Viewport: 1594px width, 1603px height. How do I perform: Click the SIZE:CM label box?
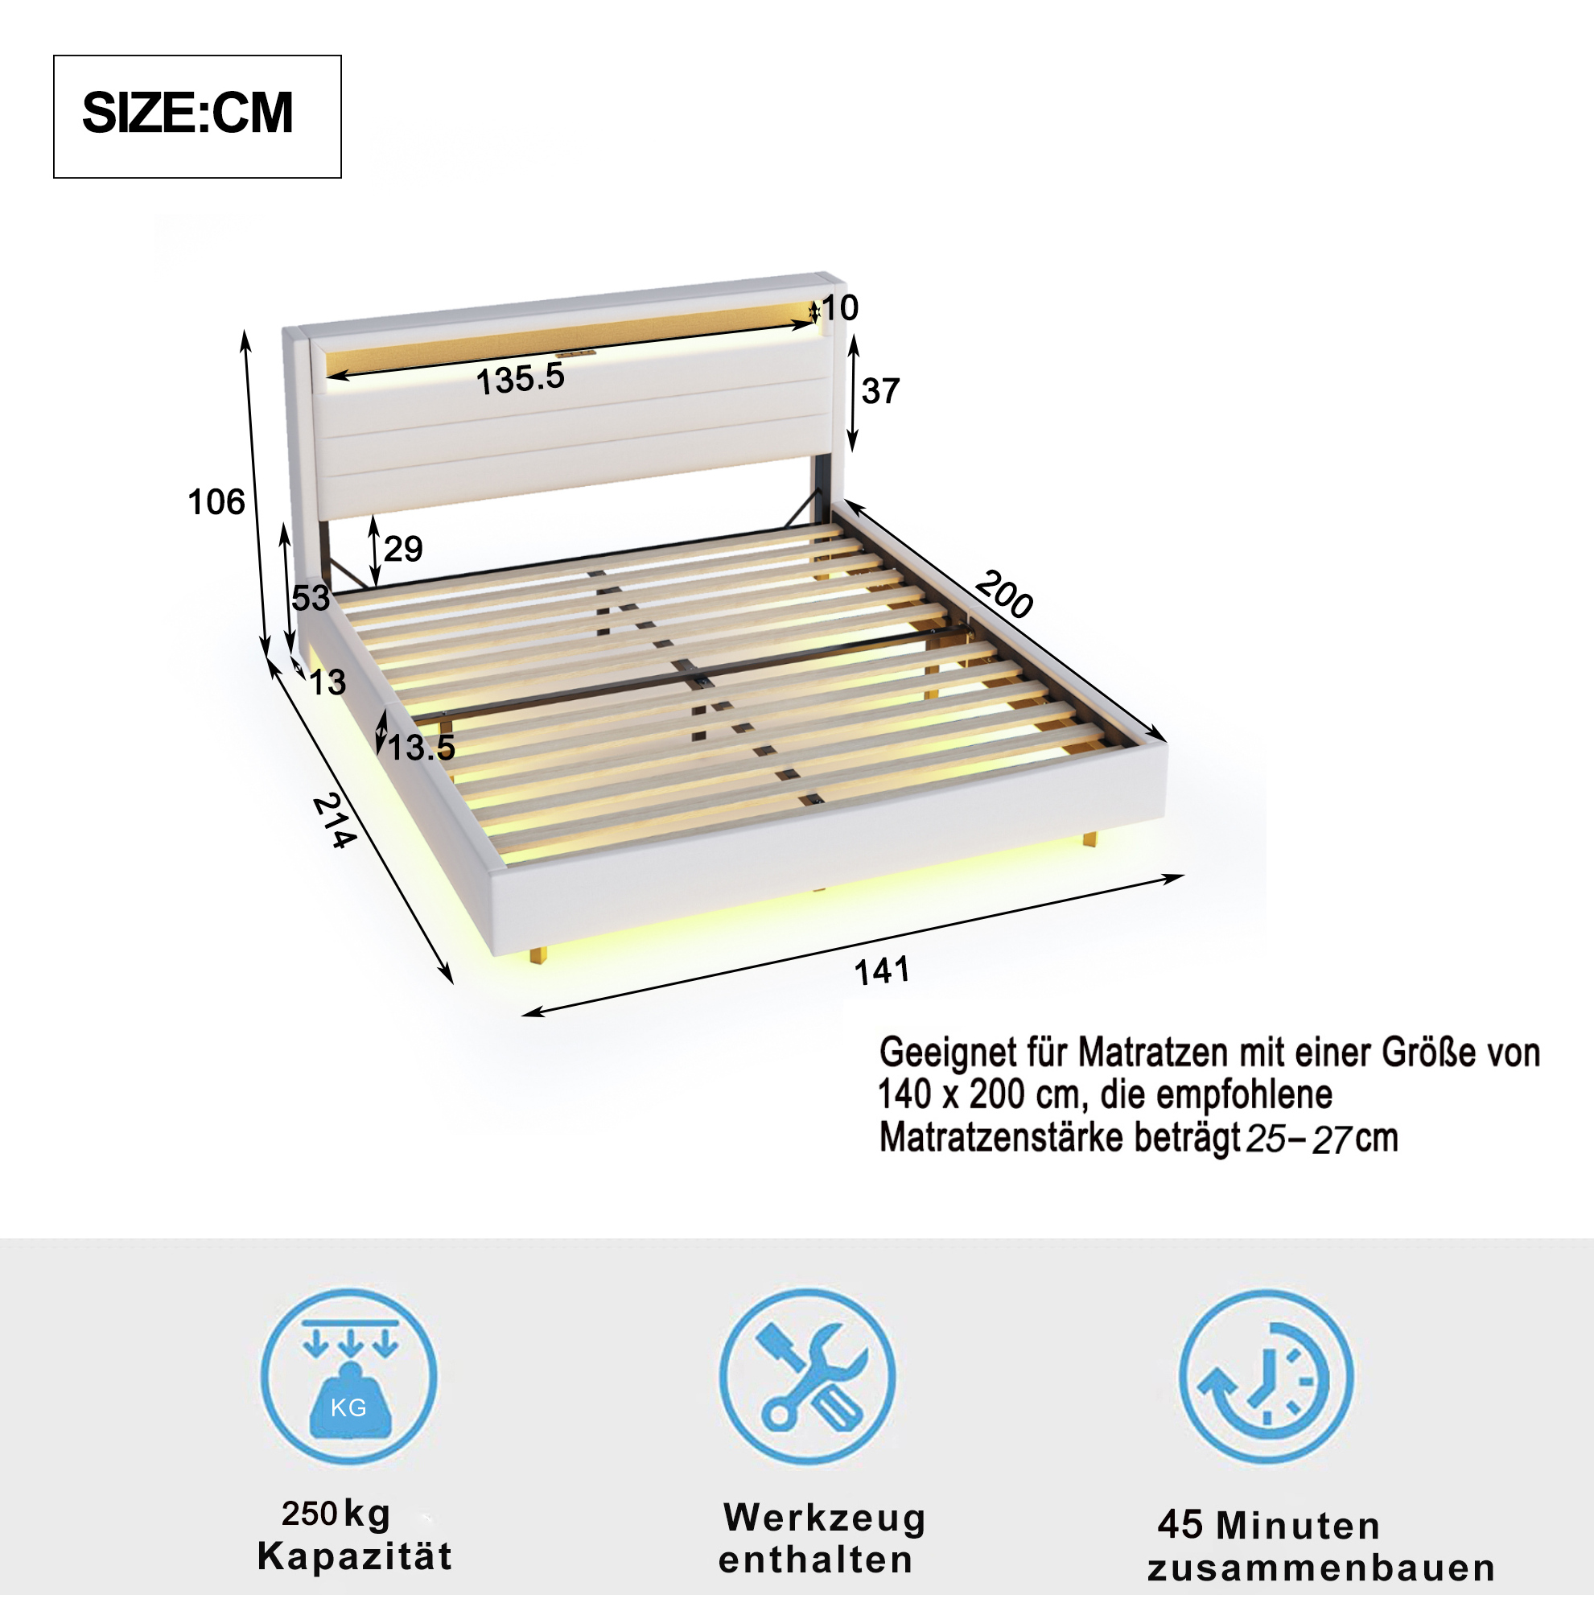click(197, 117)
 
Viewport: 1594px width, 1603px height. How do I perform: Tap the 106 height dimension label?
click(216, 502)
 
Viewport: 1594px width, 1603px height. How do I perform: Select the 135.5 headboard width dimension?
click(521, 379)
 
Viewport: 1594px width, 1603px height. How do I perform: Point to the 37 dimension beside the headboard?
click(880, 391)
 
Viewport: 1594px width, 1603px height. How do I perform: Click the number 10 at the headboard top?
click(840, 308)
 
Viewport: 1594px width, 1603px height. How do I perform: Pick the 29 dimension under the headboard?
click(403, 549)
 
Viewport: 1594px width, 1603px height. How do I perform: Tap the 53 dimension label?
click(311, 598)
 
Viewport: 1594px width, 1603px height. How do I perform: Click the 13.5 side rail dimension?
click(422, 748)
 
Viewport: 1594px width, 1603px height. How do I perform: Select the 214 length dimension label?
click(335, 821)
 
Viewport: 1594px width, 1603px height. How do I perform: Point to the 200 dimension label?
click(1004, 594)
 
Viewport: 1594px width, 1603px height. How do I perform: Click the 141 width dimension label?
click(882, 970)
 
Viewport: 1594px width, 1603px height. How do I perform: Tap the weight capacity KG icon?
click(348, 1377)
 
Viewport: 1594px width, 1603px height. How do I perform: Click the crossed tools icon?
click(807, 1377)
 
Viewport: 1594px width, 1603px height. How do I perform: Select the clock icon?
click(1267, 1377)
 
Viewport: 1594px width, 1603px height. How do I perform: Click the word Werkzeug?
click(825, 1519)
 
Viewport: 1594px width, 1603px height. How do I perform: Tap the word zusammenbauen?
click(1322, 1568)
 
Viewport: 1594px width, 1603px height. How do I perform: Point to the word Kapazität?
click(355, 1556)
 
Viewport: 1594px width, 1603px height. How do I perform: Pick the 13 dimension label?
click(327, 683)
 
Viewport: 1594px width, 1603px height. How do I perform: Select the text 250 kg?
click(336, 1514)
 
